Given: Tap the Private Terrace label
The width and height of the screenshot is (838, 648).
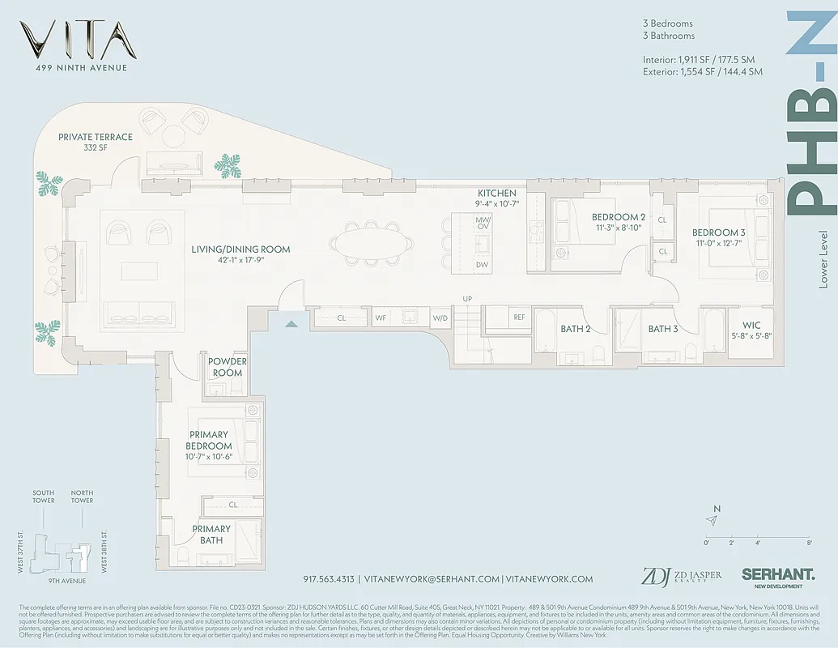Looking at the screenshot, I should tap(96, 137).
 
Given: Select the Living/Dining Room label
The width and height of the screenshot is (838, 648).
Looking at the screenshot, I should tap(240, 249).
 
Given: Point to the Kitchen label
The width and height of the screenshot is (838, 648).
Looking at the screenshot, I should tap(496, 193).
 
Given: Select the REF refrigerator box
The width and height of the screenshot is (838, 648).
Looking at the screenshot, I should tap(519, 318).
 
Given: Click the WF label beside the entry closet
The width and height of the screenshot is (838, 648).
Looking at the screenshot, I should tap(380, 318).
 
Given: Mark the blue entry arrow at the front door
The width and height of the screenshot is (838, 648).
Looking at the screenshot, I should tap(291, 323).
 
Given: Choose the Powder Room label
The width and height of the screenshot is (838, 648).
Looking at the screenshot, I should tap(227, 367).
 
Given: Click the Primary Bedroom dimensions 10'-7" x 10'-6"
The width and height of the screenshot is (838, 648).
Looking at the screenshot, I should tap(210, 457).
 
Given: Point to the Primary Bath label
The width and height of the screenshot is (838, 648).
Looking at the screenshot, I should tap(211, 534).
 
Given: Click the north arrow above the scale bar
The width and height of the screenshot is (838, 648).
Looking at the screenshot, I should tap(713, 521).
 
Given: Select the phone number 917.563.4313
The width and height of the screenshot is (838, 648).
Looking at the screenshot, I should tap(329, 579).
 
